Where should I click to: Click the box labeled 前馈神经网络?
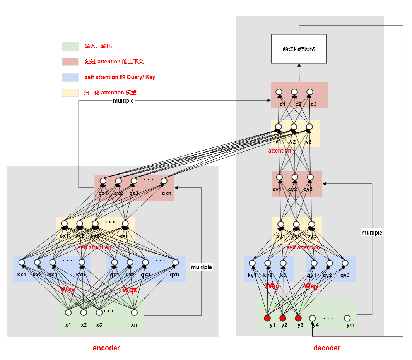(299, 49)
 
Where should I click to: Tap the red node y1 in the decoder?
(267, 318)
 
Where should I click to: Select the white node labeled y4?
(313, 318)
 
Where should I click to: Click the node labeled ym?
(347, 318)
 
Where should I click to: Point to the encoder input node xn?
(134, 312)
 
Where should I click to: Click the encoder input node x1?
(68, 312)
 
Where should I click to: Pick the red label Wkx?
(68, 290)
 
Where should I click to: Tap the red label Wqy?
(311, 286)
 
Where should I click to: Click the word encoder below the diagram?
(106, 348)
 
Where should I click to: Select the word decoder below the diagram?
(327, 348)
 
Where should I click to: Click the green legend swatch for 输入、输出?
(70, 46)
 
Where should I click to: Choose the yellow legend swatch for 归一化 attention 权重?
(70, 93)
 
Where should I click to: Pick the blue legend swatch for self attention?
(70, 77)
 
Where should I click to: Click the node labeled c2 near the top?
(294, 92)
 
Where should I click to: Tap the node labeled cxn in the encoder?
(164, 181)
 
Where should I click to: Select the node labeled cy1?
(279, 177)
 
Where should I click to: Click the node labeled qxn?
(175, 262)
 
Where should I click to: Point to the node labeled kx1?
(22, 262)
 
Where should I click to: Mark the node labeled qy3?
(345, 263)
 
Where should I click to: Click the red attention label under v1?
(280, 151)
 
